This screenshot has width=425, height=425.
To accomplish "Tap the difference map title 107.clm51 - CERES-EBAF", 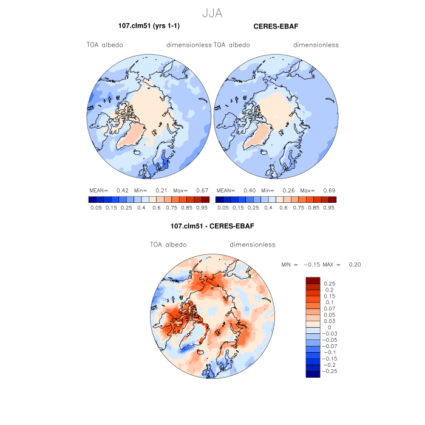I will click(x=212, y=226).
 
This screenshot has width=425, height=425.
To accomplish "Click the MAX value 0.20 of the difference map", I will click(x=355, y=265).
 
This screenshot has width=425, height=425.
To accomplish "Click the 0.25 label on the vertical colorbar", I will click(x=329, y=284).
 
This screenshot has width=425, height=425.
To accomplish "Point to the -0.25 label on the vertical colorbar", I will click(x=331, y=370).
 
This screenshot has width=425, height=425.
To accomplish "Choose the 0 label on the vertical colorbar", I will click(x=329, y=327).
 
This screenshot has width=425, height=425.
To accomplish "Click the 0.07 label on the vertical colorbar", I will click(x=329, y=308).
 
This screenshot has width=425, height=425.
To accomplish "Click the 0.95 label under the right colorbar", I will click(x=330, y=207).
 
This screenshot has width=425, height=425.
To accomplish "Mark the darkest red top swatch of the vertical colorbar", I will click(x=313, y=280).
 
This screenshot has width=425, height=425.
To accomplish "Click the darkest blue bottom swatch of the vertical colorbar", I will click(x=313, y=374).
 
